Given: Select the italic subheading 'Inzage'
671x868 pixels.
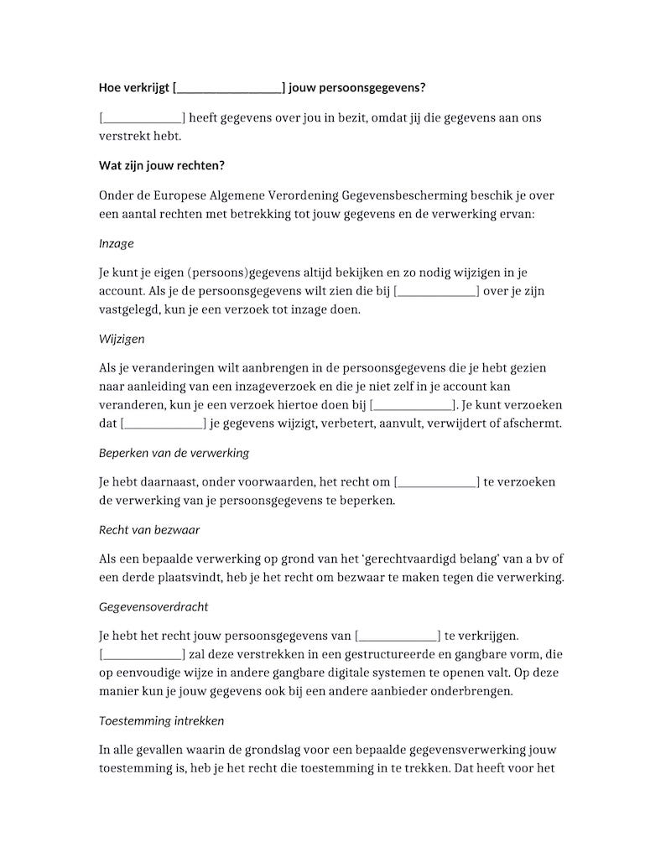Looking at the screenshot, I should pos(116,243).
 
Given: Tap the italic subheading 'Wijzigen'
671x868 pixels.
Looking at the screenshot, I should pos(122,340).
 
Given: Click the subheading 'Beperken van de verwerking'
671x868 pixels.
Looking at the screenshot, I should pos(174,453).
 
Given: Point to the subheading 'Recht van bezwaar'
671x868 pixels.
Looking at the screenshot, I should pos(148,529).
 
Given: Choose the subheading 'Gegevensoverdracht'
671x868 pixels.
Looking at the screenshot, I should pos(153,606).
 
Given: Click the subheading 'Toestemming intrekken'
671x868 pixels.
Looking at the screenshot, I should pos(161,720).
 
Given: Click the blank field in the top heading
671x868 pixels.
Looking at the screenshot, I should pos(229,87).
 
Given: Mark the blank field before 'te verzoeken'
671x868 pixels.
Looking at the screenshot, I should pos(436,482).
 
